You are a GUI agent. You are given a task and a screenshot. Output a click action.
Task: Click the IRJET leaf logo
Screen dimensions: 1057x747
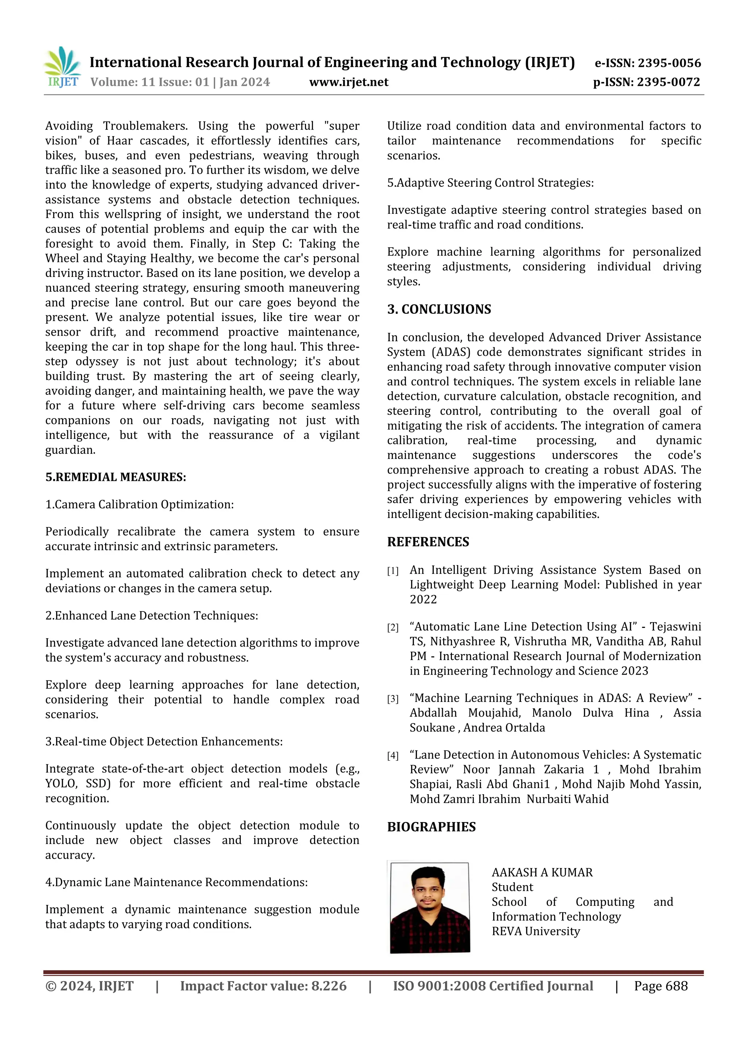click(62, 67)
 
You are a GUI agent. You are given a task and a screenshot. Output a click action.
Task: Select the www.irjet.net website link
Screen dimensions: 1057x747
click(348, 82)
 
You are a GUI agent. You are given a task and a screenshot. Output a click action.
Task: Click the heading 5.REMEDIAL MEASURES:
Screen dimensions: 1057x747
click(116, 477)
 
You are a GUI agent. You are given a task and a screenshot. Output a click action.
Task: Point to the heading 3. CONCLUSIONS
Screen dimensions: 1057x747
click(439, 309)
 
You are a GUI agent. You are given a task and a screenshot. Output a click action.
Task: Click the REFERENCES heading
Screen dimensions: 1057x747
click(428, 542)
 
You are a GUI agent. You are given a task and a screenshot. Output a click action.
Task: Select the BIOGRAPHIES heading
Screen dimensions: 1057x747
click(431, 827)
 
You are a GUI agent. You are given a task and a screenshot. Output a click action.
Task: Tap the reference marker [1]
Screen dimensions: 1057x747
click(392, 571)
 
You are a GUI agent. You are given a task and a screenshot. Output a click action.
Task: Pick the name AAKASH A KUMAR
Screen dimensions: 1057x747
click(542, 872)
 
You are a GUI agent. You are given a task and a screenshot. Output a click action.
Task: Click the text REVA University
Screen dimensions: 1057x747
click(535, 931)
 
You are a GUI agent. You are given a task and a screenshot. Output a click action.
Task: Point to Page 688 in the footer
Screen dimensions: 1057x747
click(661, 986)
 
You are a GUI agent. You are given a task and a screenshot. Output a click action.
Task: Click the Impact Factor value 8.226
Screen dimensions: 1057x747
click(329, 986)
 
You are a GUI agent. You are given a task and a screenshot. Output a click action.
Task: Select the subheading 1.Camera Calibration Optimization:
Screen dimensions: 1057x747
click(139, 505)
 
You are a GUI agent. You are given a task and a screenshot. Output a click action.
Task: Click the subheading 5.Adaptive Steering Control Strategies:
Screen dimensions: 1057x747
click(490, 183)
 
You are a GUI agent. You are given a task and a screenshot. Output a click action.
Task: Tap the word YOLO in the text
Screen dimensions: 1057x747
click(59, 784)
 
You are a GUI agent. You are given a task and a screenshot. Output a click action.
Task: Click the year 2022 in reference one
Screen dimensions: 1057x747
click(423, 599)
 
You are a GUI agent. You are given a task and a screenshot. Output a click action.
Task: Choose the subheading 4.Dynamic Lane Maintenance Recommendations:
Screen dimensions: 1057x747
click(176, 882)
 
